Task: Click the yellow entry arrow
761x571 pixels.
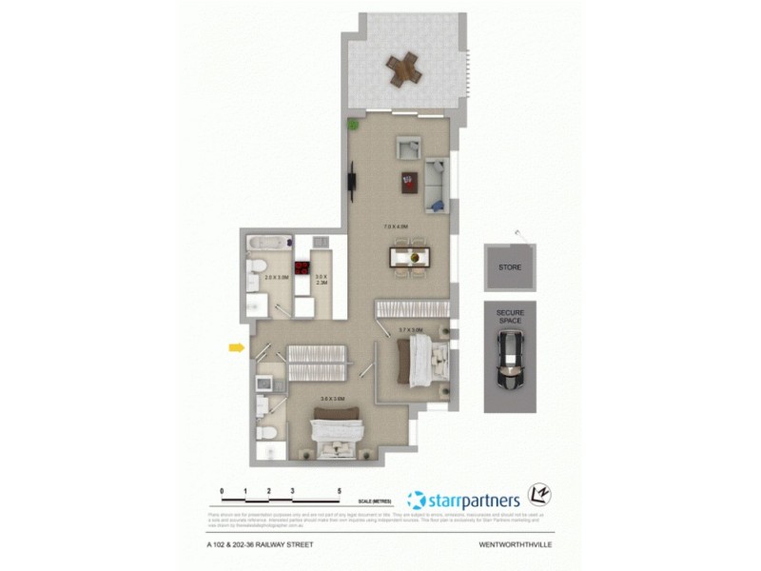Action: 235,349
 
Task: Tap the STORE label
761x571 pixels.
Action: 510,268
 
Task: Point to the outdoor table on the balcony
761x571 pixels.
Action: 403,68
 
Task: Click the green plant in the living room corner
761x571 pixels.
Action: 353,124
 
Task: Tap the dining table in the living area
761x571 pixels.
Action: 412,257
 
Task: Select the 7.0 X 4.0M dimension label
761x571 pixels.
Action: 395,226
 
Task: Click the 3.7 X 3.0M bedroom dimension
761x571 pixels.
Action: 409,329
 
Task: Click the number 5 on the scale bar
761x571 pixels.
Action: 340,492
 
